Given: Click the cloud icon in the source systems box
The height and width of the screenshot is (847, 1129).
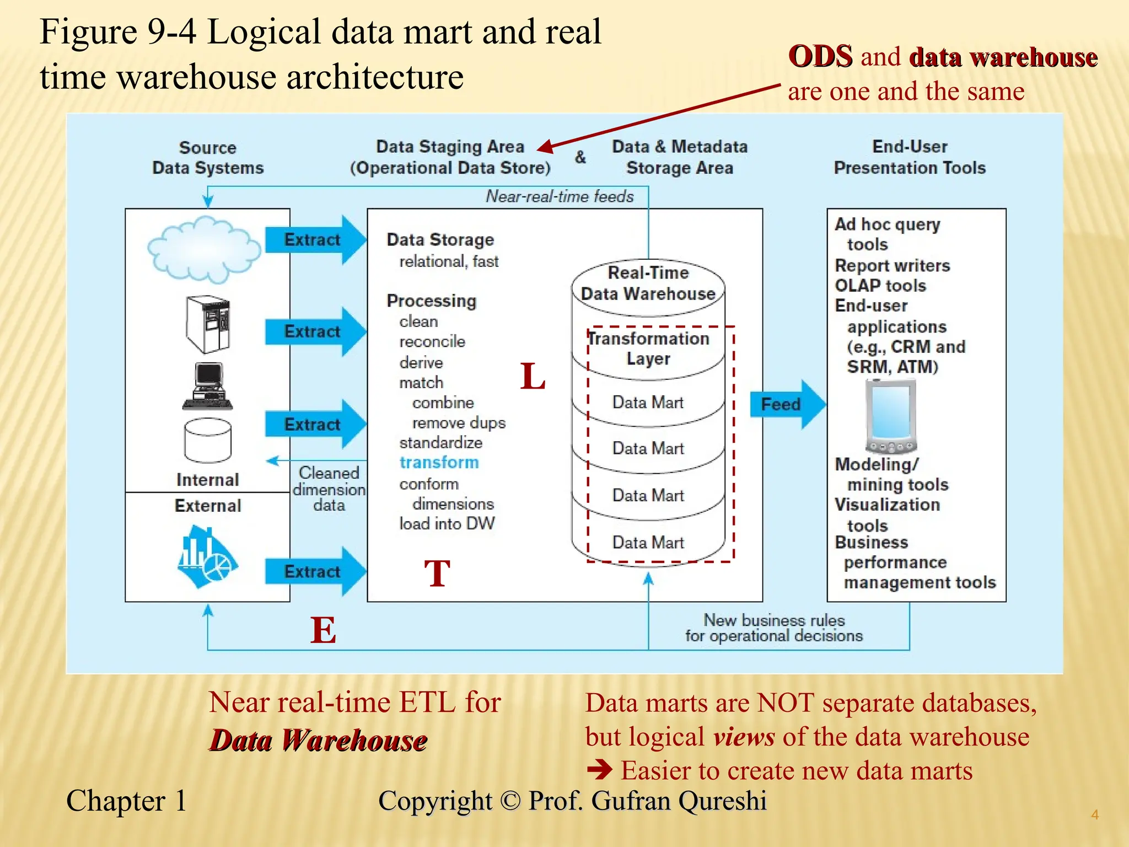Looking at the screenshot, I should click(x=205, y=249).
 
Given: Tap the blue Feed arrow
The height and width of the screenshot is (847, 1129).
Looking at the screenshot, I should click(x=786, y=404).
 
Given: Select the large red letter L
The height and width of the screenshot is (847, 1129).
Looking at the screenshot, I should click(x=533, y=377).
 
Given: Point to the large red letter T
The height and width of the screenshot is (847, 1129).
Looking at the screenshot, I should click(x=437, y=573).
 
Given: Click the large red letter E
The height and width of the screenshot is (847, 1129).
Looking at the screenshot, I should click(x=323, y=630).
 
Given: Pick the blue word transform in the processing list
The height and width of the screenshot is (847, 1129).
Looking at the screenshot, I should click(x=439, y=462).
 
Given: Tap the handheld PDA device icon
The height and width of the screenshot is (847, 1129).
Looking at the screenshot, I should click(x=890, y=417).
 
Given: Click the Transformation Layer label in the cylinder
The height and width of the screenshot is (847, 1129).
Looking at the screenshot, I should click(x=648, y=349).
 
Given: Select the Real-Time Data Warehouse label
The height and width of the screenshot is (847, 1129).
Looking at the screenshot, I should click(x=648, y=283).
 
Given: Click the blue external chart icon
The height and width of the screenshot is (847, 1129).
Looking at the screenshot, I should click(x=207, y=557).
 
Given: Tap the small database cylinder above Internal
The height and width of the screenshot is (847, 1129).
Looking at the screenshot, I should click(x=208, y=440).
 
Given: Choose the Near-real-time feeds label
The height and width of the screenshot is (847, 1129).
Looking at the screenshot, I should click(x=560, y=196).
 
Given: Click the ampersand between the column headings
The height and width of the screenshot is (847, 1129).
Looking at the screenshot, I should click(x=580, y=157).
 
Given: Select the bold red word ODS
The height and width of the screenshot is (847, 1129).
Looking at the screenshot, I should click(x=820, y=56).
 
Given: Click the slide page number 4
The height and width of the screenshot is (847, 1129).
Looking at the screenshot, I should click(x=1095, y=814).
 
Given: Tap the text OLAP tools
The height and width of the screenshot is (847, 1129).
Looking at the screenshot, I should click(x=880, y=286).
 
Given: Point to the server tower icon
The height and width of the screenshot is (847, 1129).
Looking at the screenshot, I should click(x=208, y=324).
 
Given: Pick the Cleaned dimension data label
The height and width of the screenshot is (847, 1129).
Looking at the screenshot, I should click(x=329, y=489).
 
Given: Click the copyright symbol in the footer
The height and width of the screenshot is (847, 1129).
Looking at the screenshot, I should click(x=510, y=801).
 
